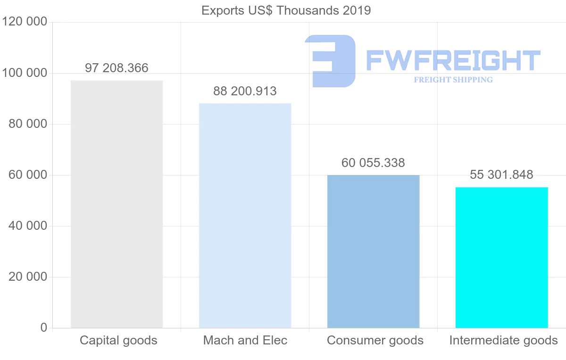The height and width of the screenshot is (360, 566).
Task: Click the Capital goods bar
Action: tap(117, 204)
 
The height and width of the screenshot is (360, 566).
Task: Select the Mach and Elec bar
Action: tap(245, 215)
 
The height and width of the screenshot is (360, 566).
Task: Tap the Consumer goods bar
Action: tap(373, 251)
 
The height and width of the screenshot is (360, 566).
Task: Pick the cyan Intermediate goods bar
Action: tap(501, 257)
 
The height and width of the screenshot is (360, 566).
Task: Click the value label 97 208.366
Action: tap(117, 68)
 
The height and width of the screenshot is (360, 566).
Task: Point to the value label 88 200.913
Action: tap(245, 91)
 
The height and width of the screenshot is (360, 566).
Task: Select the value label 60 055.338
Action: tap(373, 163)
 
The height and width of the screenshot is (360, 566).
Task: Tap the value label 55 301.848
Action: tap(501, 175)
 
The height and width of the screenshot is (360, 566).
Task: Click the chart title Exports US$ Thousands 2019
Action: tap(286, 10)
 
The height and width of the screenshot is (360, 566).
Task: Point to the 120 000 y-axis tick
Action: tap(25, 22)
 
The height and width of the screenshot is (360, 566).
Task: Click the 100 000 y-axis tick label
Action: tap(25, 73)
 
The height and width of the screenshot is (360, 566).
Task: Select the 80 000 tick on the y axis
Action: tap(28, 124)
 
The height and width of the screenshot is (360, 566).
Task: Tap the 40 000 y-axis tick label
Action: tap(28, 226)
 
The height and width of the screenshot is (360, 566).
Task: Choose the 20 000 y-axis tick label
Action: tap(28, 277)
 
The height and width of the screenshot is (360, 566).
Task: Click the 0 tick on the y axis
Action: tap(43, 328)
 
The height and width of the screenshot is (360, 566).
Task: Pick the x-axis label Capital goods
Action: tap(118, 340)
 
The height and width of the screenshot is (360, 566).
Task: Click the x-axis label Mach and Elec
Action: tap(245, 340)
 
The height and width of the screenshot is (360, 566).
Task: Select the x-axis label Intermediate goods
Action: tap(503, 340)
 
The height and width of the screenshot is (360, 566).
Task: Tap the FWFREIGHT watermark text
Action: tap(453, 60)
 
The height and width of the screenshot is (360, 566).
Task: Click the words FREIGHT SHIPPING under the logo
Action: tap(453, 80)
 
